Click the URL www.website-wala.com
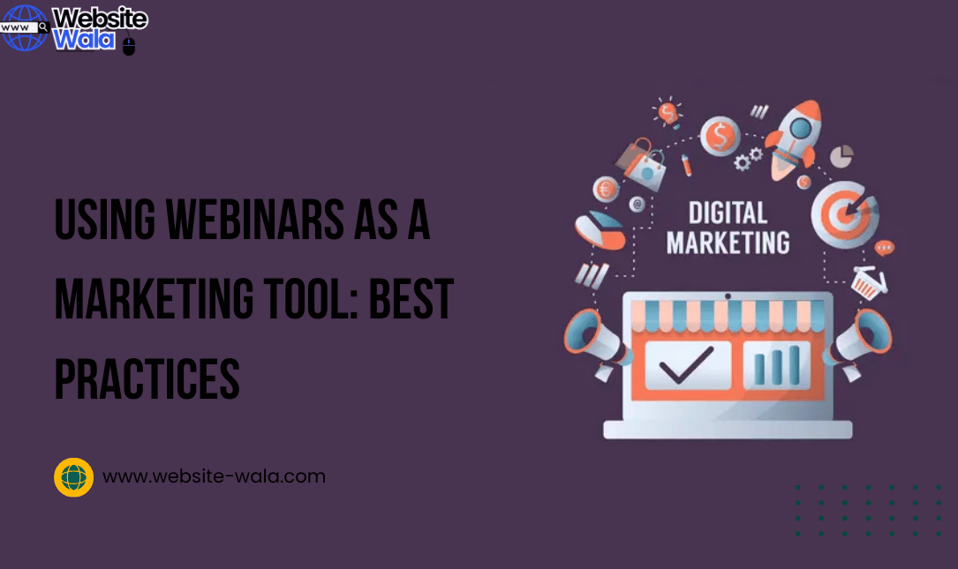pos(214,476)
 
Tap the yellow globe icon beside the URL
pos(73,477)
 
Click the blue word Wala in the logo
pos(84,40)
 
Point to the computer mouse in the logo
pos(129,46)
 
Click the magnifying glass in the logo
pos(43,27)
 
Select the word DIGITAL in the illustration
pos(728,213)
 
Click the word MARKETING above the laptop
pos(728,243)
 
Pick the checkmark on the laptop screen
pos(688,364)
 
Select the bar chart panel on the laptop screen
pos(776,363)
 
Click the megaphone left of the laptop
pos(596,340)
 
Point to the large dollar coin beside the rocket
pos(720,137)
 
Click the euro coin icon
pos(606,189)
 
